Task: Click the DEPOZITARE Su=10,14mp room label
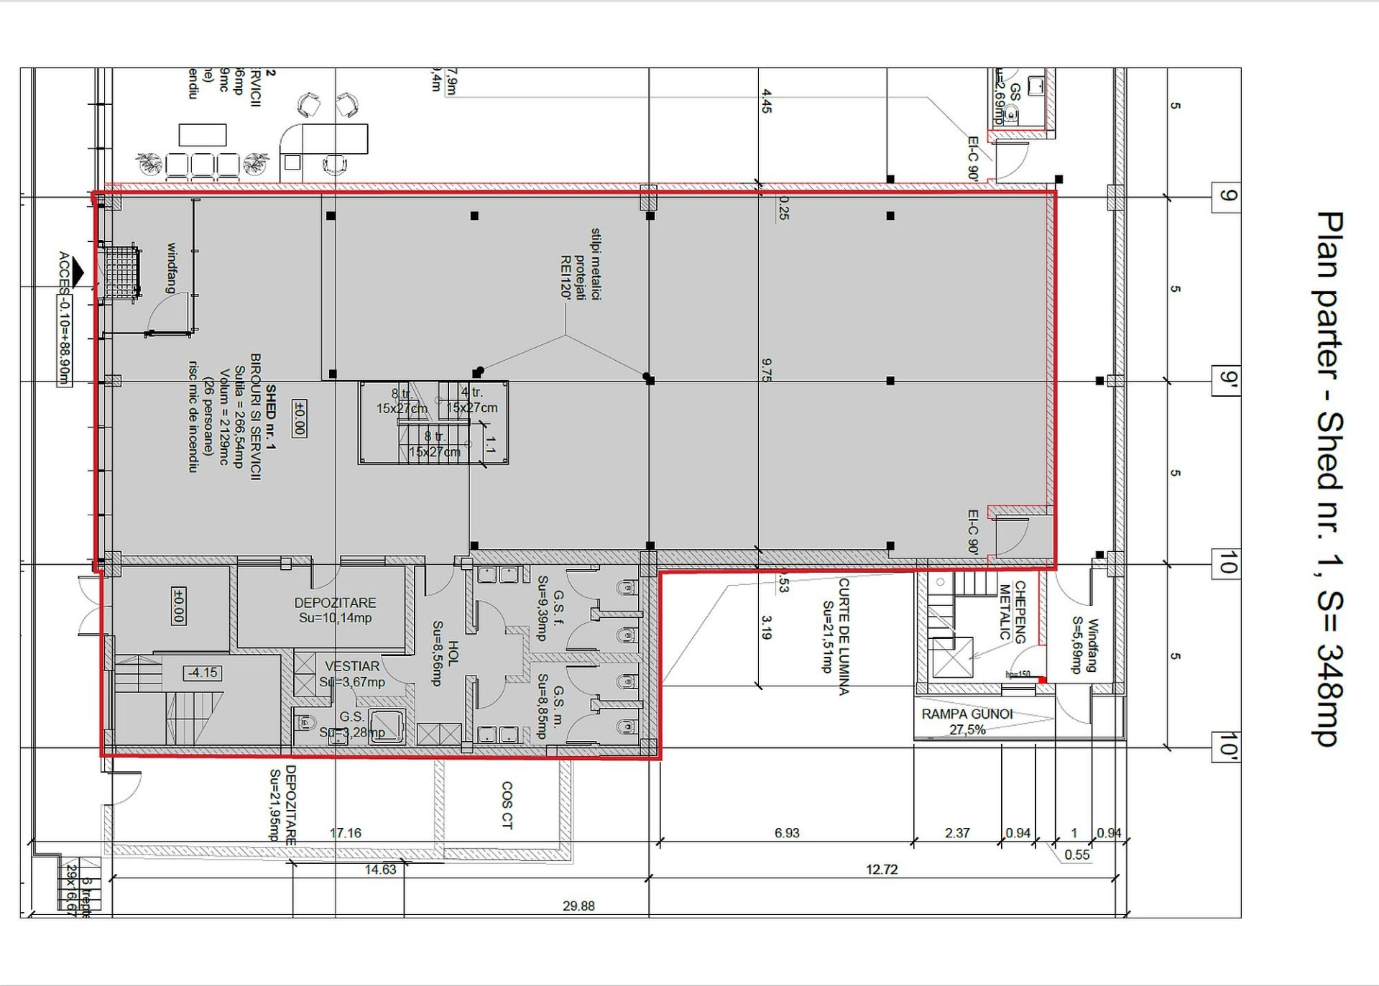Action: pos(335,610)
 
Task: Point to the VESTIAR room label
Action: pos(352,667)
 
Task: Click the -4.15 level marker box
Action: pos(202,673)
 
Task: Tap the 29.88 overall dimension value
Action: pos(578,906)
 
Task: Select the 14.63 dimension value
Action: pos(380,870)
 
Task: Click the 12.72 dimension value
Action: pos(882,870)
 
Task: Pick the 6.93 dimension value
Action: pos(787,833)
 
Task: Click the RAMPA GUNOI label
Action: pos(967,714)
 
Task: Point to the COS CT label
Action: pos(507,805)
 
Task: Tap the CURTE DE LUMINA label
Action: pos(836,637)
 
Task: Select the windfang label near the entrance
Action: pos(172,267)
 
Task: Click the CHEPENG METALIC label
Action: pos(1013,611)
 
